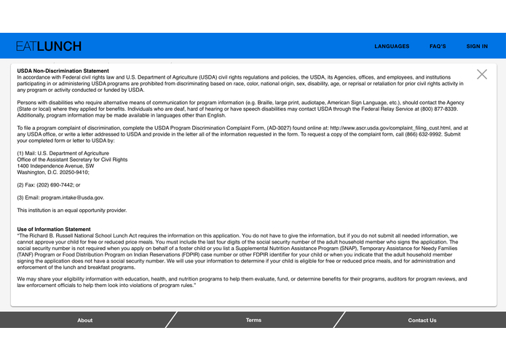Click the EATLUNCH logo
[49, 46]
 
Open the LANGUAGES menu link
[392, 46]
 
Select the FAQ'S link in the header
[438, 46]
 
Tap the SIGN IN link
[477, 46]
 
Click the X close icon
[482, 74]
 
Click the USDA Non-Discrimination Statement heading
[63, 71]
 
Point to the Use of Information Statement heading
[54, 230]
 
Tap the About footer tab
[85, 320]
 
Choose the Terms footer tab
[253, 320]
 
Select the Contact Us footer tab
[422, 320]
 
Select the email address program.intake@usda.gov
[72, 197]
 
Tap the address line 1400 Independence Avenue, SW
[55, 165]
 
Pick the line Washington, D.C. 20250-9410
[53, 172]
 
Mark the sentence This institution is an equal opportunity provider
[72, 211]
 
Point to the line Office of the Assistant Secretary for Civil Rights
[72, 159]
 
